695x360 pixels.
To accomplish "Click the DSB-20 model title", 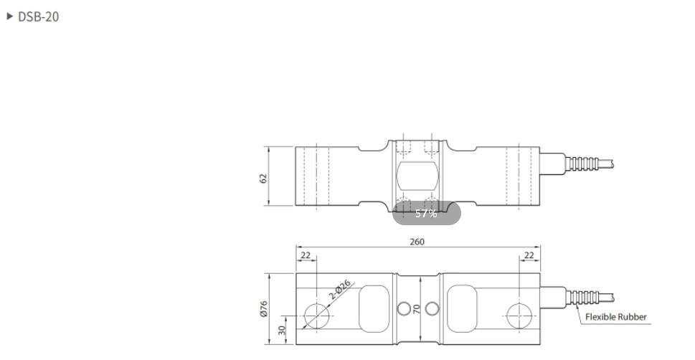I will click(x=38, y=17).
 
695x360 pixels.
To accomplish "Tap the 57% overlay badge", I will click(x=426, y=214).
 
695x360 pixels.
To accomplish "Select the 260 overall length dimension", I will click(x=417, y=242).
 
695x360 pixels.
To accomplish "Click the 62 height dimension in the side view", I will click(x=263, y=177).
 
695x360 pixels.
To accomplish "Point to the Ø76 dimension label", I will click(x=263, y=308).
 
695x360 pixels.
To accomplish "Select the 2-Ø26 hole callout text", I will click(x=340, y=290).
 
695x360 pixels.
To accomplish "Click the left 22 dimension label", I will click(x=305, y=255).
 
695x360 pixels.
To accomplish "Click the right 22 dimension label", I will click(x=529, y=255).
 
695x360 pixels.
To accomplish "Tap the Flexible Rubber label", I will click(x=615, y=316).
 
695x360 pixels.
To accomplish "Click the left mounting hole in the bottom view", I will click(x=316, y=314).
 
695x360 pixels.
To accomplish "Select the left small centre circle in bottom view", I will click(x=404, y=308).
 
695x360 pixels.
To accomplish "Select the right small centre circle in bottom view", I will click(x=430, y=308).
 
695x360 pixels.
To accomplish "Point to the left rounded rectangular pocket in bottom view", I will click(x=372, y=306).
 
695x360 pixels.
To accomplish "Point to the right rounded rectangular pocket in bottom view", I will click(x=463, y=306).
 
